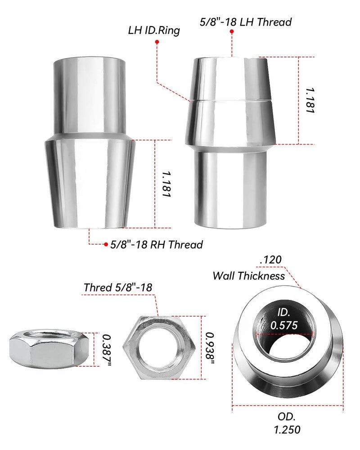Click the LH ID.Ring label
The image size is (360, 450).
point(154,31)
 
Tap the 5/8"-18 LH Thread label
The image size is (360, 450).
point(246,22)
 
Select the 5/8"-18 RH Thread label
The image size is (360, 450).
point(157,244)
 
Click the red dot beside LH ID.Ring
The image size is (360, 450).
point(157,42)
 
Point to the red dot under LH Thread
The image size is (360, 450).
point(232,31)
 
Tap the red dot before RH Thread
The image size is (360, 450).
point(106,244)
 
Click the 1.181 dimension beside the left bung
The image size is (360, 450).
point(166,184)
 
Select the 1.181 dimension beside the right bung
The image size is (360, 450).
point(310,100)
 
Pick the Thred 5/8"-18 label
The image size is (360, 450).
point(118,287)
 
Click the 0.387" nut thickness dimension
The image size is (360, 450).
point(107,350)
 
